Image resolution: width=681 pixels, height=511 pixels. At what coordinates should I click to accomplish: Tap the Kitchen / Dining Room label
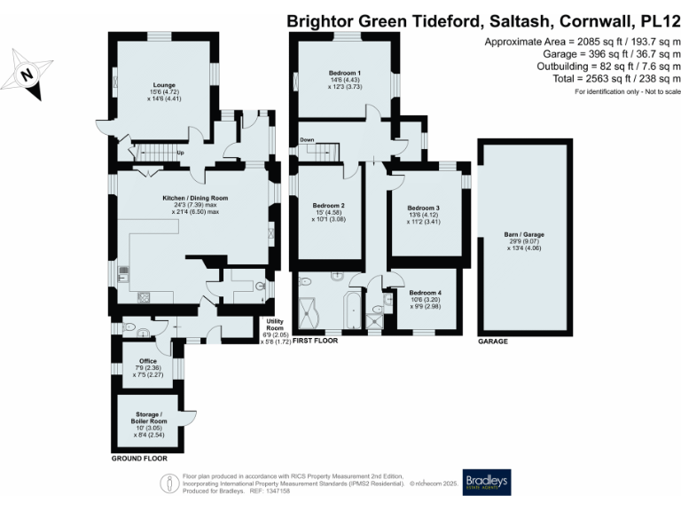point(195,198)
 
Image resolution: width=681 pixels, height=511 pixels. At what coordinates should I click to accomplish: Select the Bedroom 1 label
point(344,72)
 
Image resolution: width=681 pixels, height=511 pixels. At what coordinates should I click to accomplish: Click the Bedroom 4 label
point(426,293)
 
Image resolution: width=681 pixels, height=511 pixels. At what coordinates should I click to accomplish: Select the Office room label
point(147,361)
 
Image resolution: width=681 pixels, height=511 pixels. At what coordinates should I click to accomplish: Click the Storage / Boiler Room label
point(148,414)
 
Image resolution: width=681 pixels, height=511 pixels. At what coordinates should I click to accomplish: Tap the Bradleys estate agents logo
point(486,482)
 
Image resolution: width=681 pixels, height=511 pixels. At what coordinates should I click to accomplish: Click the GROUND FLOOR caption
point(139,460)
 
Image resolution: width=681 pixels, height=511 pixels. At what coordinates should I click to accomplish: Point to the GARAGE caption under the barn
point(493,340)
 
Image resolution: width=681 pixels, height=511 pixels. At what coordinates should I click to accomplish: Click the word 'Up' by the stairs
point(180,152)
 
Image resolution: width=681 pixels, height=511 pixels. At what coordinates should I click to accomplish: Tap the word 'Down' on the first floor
point(307,139)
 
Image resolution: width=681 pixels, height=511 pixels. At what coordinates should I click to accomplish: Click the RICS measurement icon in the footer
point(168,482)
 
